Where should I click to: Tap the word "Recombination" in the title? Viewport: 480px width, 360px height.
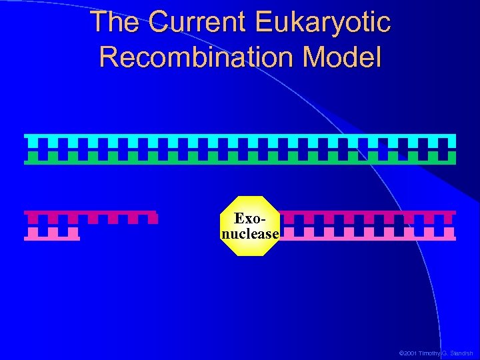(197, 57)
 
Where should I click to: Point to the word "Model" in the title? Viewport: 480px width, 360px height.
(341, 57)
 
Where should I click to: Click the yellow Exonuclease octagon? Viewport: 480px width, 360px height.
(250, 226)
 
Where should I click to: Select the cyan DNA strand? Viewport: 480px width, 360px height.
(240, 139)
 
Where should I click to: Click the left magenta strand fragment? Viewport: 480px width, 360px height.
(91, 216)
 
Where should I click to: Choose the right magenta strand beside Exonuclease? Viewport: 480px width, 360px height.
(367, 216)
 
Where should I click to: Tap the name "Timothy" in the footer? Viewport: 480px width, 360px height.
(429, 353)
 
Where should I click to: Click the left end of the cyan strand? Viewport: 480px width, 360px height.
(27, 139)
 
